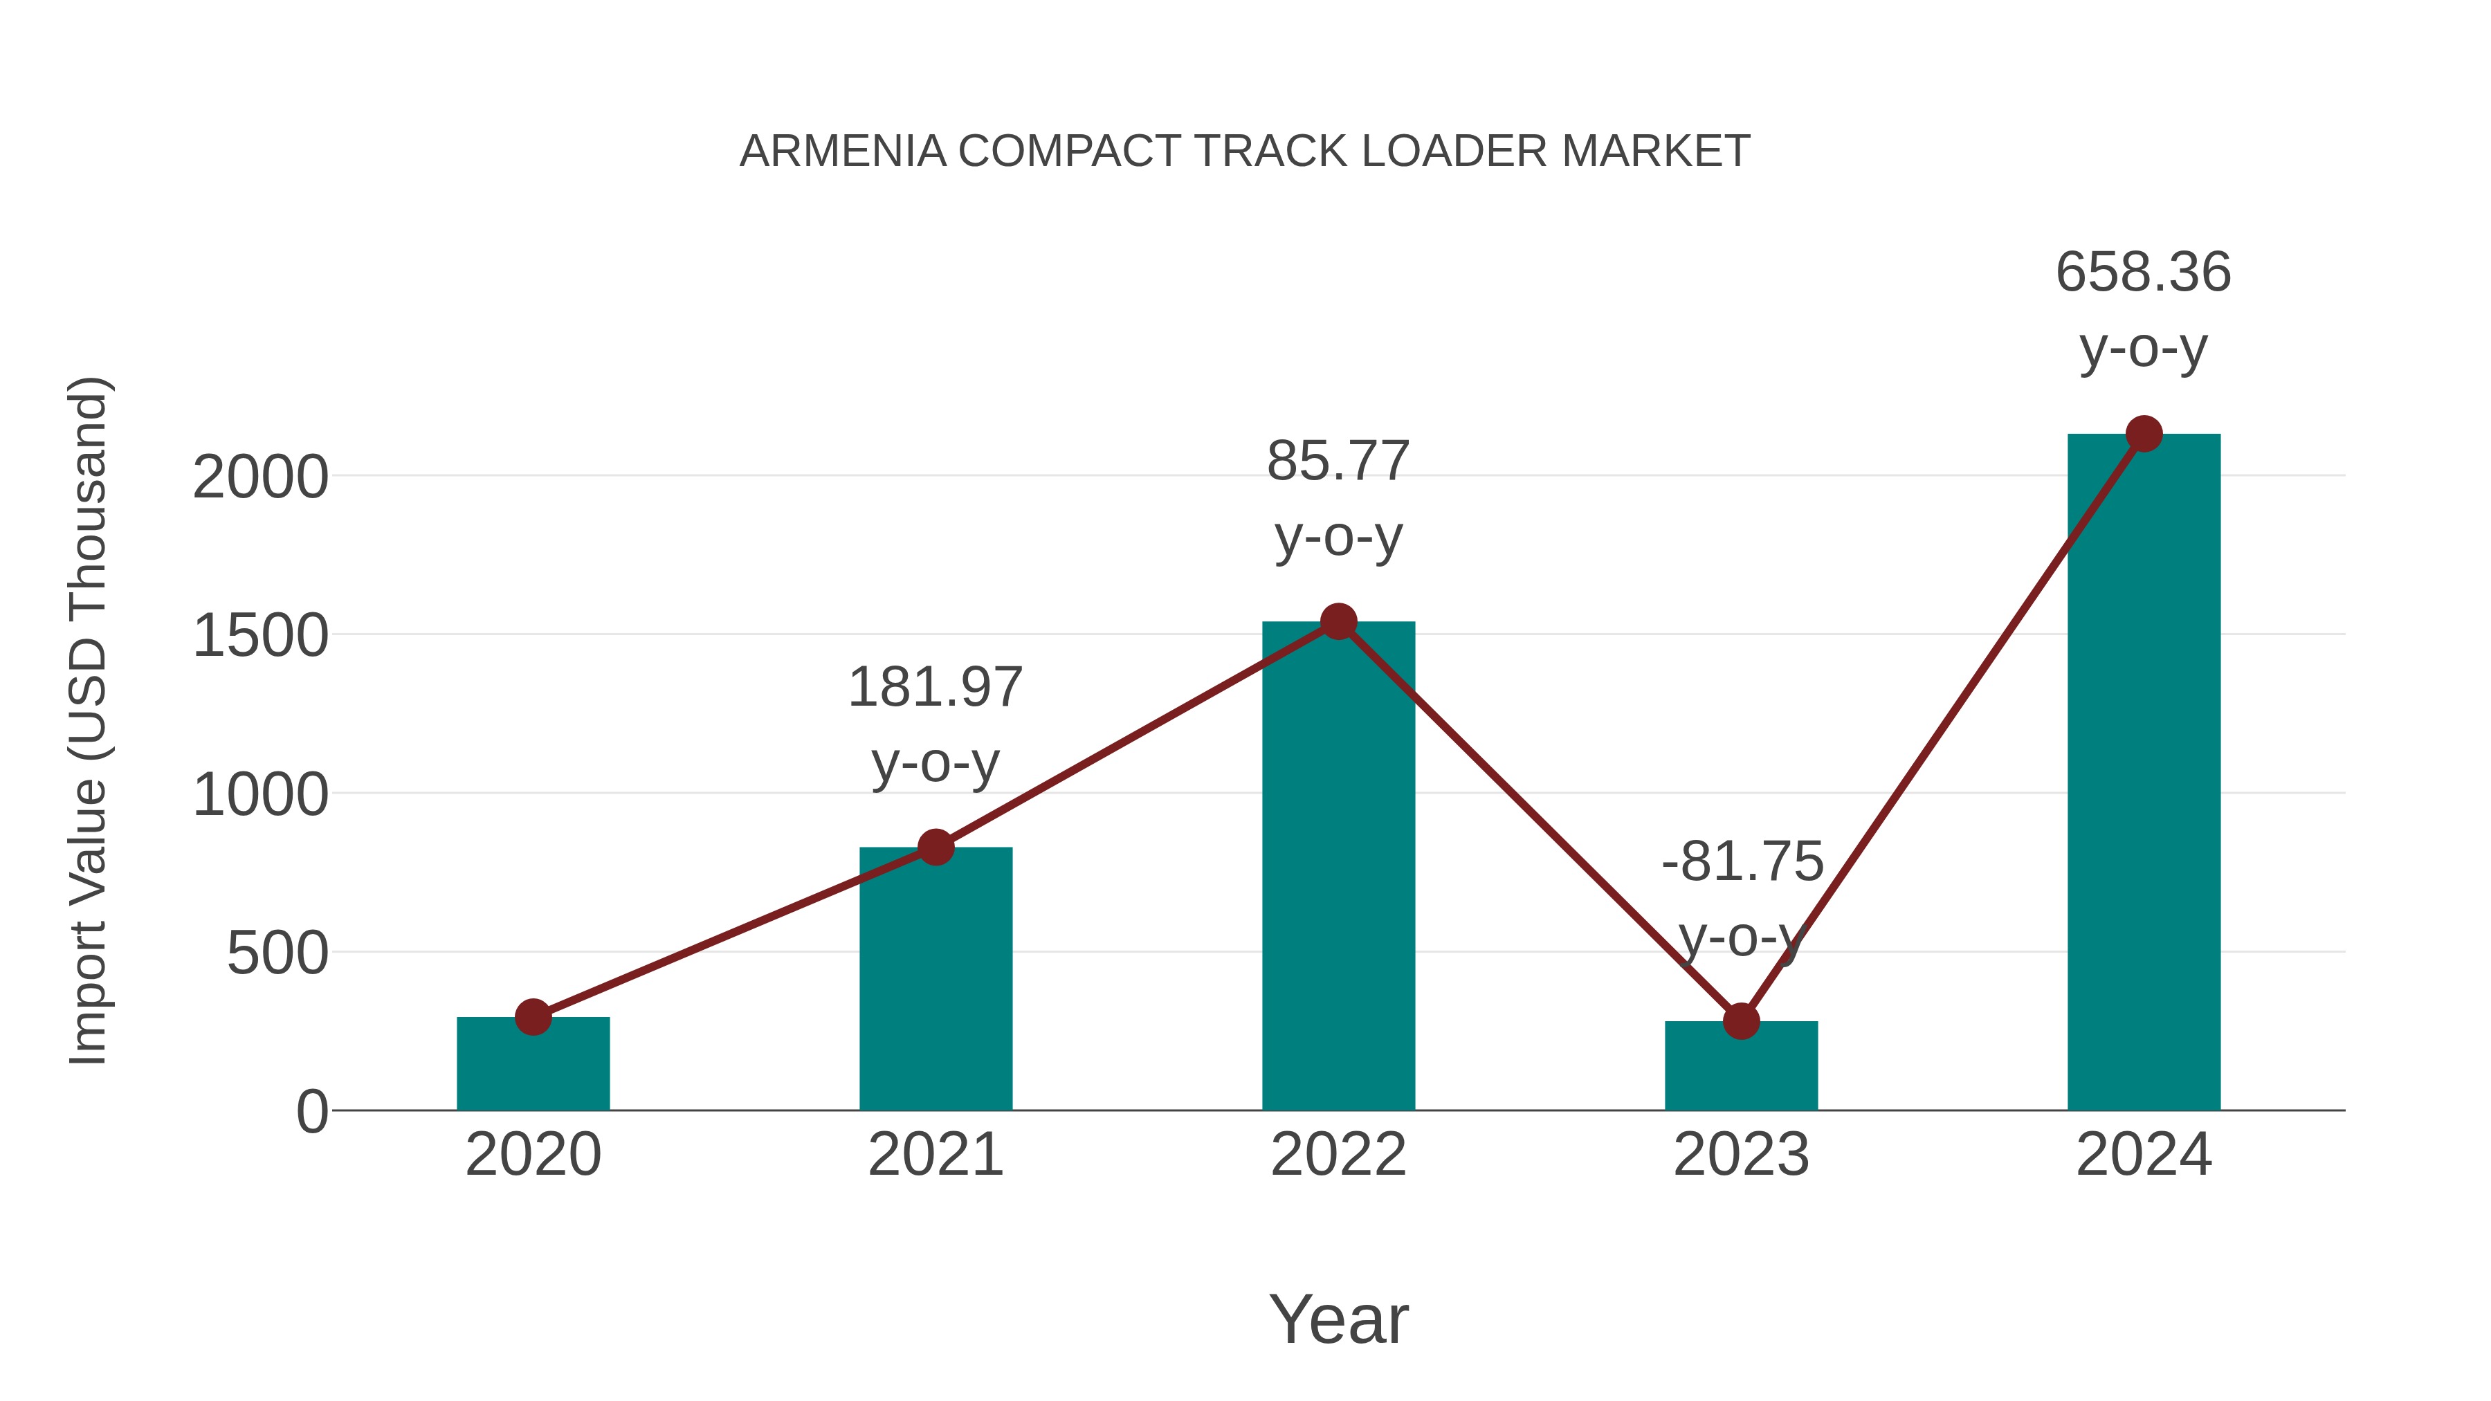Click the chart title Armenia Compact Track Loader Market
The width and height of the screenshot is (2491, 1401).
click(x=1245, y=152)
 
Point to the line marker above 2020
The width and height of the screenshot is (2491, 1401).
click(x=533, y=1016)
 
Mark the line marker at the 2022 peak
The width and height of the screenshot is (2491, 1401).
click(x=1338, y=622)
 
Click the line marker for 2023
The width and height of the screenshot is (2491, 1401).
click(x=1741, y=1021)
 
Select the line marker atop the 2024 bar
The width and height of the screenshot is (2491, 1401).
click(x=2144, y=434)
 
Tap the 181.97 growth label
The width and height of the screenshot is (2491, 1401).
click(x=935, y=688)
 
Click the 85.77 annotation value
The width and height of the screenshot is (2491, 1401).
click(x=1338, y=461)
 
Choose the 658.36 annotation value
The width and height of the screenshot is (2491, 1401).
click(x=2143, y=272)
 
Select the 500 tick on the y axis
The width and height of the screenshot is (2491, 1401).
click(x=277, y=954)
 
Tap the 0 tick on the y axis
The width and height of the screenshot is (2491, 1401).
click(x=312, y=1112)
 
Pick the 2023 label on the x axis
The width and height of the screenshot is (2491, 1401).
click(x=1741, y=1155)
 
